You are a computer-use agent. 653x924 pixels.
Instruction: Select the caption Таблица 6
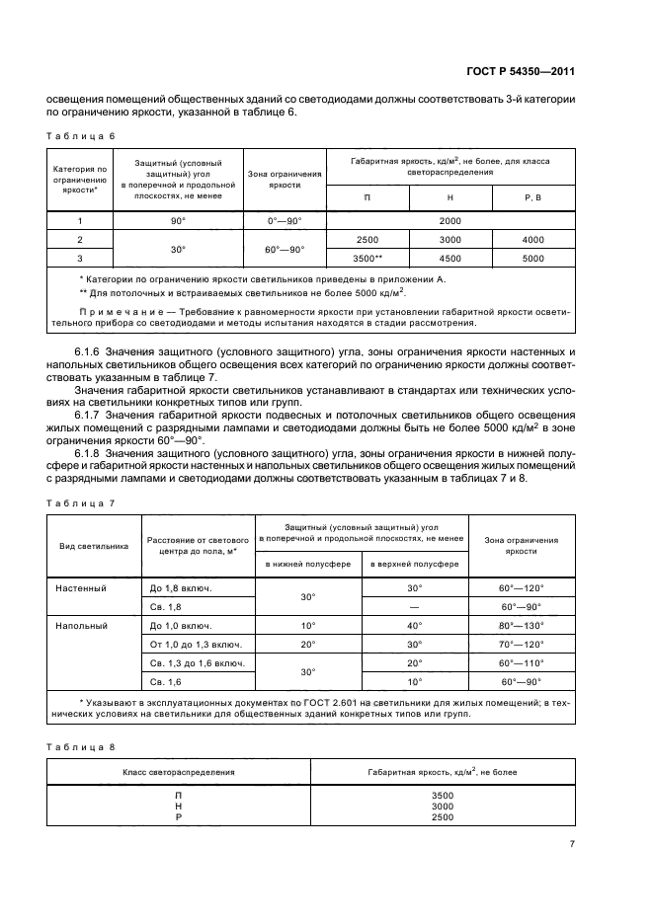click(81, 135)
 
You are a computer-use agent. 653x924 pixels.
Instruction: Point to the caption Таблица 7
click(81, 503)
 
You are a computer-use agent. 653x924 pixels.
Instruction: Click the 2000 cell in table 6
click(449, 221)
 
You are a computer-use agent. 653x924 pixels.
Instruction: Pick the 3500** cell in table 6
click(367, 258)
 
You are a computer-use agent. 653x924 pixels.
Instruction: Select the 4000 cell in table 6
click(532, 240)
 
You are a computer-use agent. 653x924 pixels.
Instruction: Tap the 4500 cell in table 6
click(449, 258)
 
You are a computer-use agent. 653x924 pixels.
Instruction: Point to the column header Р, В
click(532, 198)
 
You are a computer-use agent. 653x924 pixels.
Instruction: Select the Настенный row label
click(81, 587)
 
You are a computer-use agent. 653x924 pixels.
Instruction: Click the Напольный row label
click(81, 625)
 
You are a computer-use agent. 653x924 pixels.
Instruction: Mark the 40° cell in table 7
click(415, 625)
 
